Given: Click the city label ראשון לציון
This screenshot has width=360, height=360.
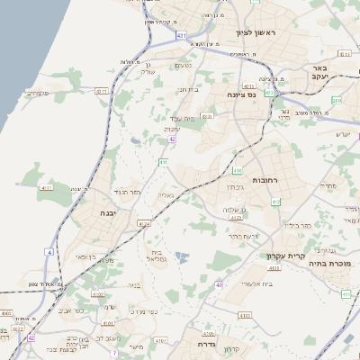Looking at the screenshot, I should click(259, 33).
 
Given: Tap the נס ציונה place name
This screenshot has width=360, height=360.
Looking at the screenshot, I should click(253, 94).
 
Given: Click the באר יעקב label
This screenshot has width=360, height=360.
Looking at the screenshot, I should click(338, 72).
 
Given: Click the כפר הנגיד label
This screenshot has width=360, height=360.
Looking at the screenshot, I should click(126, 192).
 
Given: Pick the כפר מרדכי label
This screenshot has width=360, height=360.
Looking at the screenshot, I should click(142, 312).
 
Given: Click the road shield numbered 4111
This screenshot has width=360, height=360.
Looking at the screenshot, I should click(47, 188).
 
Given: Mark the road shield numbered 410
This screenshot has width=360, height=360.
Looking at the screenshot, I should click(237, 169).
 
